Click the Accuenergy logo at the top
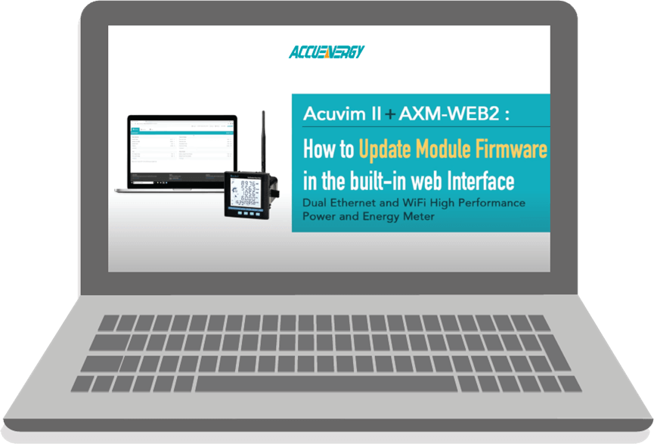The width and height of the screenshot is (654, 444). pos(327,52)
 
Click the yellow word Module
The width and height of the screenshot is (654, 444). pos(448,149)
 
